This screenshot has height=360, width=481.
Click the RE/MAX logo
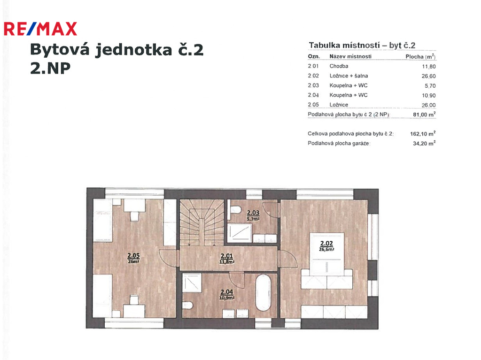(x=40, y=29)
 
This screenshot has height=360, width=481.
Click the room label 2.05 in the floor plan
(x=133, y=258)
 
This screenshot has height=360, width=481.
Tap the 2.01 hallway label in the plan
(x=227, y=258)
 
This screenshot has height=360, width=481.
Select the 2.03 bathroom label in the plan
(x=253, y=215)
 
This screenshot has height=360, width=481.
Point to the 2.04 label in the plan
(x=227, y=294)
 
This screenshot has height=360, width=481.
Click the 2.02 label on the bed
(x=326, y=245)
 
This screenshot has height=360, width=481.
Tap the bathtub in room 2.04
(x=263, y=293)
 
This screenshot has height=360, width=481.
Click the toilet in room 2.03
(x=235, y=210)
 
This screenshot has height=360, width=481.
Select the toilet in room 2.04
(x=187, y=306)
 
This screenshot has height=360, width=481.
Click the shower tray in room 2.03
(x=240, y=233)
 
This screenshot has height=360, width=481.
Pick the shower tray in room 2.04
(x=192, y=283)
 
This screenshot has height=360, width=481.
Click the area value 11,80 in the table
(x=428, y=66)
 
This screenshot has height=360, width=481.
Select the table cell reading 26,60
(x=428, y=76)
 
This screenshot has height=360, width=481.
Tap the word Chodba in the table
(x=339, y=66)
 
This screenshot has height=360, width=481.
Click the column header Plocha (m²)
(x=420, y=56)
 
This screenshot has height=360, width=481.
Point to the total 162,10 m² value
(x=423, y=134)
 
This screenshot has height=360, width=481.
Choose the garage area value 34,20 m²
(x=424, y=143)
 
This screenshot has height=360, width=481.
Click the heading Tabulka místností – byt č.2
(x=362, y=46)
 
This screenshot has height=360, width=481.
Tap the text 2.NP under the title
(x=50, y=68)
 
